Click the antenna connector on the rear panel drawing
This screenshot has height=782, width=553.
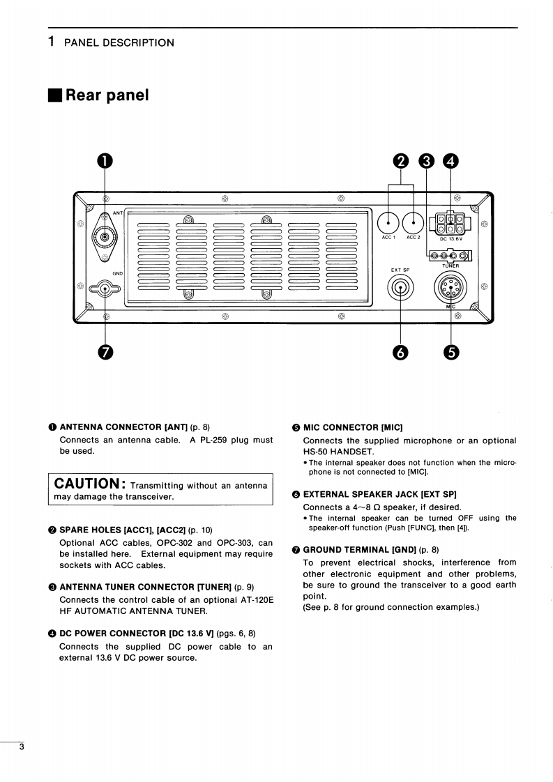pos(105,237)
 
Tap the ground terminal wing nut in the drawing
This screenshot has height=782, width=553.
pos(105,289)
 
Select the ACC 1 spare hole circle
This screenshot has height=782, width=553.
pos(388,222)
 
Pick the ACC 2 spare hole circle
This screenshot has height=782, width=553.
pos(414,222)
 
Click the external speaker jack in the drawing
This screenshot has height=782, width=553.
pos(401,287)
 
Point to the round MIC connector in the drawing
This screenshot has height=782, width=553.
pos(450,287)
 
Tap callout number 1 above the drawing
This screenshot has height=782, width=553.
pos(105,161)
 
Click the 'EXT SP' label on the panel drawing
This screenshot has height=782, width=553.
pos(400,269)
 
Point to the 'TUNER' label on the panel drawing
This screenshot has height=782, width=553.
pos(450,266)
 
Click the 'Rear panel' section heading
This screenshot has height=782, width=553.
pos(107,95)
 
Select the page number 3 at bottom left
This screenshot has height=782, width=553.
pos(22,748)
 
